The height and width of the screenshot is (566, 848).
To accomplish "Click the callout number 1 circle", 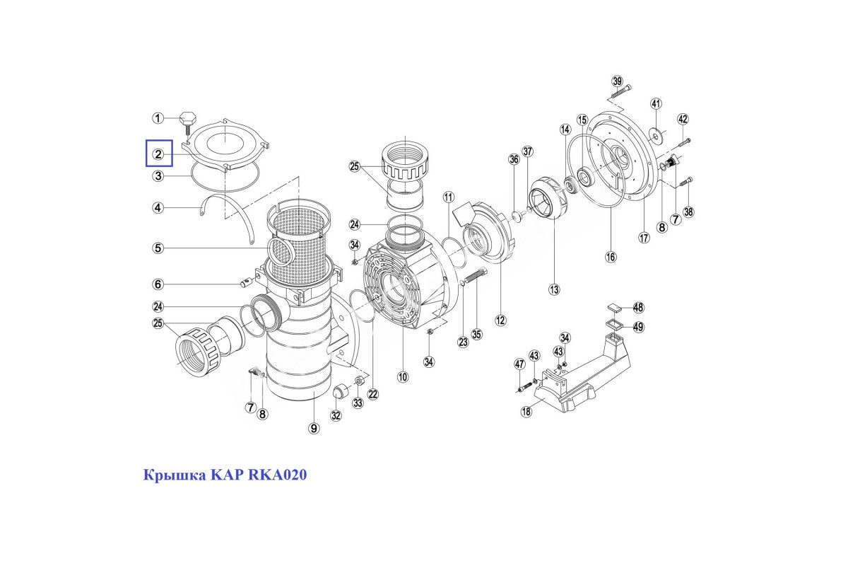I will click(x=158, y=118).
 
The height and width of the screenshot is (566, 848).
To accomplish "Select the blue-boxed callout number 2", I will click(x=158, y=154).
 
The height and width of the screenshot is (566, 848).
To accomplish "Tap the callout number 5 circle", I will click(x=158, y=248).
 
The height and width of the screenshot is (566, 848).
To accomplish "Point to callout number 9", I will click(x=314, y=427).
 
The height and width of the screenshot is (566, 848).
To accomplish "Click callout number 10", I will click(x=403, y=377).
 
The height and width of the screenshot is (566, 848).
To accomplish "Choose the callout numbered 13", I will click(x=553, y=289).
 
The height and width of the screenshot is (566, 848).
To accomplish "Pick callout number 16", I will click(x=611, y=256).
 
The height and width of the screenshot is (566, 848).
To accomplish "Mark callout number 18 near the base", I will click(x=526, y=412).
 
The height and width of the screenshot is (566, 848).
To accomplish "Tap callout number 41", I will click(x=656, y=104).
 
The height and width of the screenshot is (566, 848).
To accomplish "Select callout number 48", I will click(x=638, y=308).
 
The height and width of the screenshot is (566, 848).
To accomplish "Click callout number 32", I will click(x=336, y=415).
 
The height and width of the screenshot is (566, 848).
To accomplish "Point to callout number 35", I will click(x=477, y=334).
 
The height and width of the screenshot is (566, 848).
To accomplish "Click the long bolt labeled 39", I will click(x=620, y=91).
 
